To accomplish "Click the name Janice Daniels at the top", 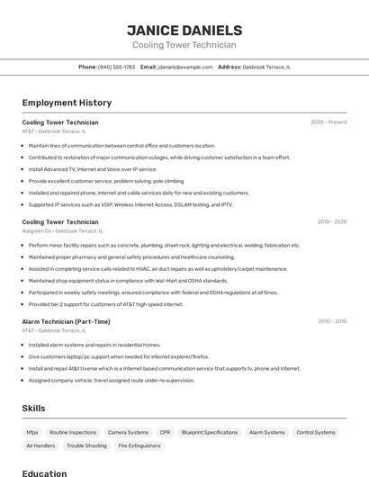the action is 184,30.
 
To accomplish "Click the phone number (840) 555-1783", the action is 116,67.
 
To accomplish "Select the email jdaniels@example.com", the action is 185,67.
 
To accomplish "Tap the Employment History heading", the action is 67,103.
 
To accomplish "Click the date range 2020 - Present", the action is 328,122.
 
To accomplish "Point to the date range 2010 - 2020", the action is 331,221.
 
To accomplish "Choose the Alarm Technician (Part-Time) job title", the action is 66,321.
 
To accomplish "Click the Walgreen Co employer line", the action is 59,231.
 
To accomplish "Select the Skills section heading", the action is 33,409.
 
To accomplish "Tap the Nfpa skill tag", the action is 32,432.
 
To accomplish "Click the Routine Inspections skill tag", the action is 73,432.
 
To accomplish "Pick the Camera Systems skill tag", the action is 128,432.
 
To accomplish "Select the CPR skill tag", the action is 165,432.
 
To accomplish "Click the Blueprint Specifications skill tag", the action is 210,432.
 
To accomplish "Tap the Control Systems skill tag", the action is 316,432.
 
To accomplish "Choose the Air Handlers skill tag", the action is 40,445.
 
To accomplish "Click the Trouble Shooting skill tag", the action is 86,445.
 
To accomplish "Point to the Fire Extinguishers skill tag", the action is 139,445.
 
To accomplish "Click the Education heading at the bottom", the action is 44,472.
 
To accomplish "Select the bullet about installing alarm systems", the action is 94,345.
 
